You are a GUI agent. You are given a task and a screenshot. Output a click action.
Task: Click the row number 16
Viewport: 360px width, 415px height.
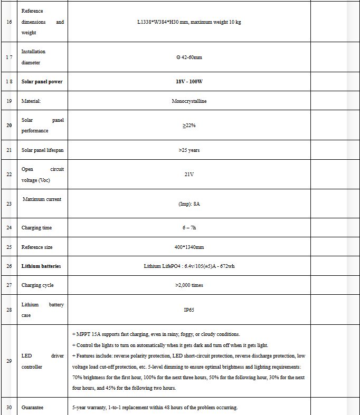click(8, 22)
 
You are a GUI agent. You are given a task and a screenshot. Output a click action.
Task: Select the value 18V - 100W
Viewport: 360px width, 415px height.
click(189, 82)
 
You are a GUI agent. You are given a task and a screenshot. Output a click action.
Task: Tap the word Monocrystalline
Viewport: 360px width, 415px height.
click(189, 101)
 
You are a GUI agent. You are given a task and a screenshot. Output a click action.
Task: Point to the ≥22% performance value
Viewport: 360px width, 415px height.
click(189, 126)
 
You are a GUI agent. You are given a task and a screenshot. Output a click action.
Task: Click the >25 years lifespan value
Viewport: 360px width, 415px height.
click(189, 150)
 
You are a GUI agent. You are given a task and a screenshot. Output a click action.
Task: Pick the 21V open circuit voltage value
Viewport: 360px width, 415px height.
click(189, 175)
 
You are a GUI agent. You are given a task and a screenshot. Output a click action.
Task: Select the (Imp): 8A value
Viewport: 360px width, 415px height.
click(189, 204)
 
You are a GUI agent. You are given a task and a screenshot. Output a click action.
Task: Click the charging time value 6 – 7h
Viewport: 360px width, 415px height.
click(189, 228)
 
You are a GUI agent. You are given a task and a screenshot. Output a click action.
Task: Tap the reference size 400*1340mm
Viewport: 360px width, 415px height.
click(189, 247)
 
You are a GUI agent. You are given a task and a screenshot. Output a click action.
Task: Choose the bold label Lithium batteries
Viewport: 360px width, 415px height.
click(41, 266)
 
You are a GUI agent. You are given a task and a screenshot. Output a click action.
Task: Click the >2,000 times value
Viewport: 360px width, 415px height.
click(189, 285)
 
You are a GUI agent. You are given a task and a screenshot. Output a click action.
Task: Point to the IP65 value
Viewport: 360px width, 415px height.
click(189, 310)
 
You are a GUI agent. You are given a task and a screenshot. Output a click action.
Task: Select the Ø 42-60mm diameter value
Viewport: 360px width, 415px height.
click(189, 57)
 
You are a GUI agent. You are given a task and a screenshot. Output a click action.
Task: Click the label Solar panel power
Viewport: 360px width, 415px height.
click(42, 82)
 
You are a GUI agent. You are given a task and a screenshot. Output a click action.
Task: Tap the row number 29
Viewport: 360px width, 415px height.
click(8, 361)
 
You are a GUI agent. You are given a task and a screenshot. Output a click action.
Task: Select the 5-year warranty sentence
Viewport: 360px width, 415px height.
click(155, 408)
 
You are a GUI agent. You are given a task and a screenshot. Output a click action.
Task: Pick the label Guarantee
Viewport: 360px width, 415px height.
click(33, 408)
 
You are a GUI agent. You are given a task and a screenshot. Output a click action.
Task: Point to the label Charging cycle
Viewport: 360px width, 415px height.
click(37, 285)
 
